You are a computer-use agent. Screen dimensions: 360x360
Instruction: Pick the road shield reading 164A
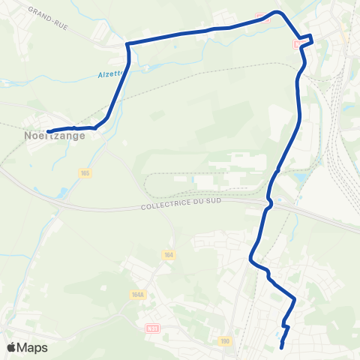137,295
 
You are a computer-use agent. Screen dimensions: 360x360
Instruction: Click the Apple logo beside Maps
12,347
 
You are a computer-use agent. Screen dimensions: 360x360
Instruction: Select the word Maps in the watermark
33,347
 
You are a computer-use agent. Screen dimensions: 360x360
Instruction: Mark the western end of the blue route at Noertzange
48,132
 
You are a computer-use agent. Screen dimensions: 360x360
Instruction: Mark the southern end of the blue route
281,347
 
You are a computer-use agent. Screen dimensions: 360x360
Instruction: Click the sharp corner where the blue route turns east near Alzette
128,45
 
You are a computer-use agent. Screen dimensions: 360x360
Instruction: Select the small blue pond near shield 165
62,192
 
